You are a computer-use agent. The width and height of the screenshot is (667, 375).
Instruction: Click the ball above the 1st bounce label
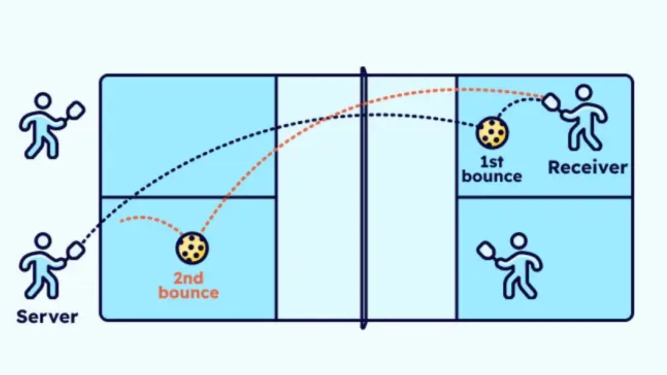(x=492, y=133)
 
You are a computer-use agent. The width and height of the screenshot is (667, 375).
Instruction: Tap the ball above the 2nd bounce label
(x=192, y=248)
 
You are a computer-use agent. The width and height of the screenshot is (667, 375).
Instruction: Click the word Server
(x=47, y=317)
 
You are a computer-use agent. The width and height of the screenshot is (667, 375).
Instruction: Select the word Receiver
(x=587, y=167)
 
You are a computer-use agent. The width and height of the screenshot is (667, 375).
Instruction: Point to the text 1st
(x=491, y=161)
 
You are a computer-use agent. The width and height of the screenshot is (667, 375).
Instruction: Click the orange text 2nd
(x=188, y=278)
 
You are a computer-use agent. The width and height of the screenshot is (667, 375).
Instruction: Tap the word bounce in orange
(x=188, y=293)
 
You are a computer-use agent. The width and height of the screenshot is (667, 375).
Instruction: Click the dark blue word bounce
(x=491, y=177)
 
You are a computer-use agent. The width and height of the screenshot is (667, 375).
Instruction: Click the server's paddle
(x=75, y=250)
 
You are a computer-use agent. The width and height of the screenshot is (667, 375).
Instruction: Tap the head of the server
(x=43, y=241)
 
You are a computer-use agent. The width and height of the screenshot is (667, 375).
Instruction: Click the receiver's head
(x=584, y=92)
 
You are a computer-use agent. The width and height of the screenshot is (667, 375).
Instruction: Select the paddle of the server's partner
(x=75, y=110)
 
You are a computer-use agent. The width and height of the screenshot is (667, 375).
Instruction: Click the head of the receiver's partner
(x=519, y=241)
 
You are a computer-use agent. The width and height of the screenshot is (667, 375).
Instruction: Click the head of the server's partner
(x=43, y=101)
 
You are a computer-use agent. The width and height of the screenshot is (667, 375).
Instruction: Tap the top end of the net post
(x=363, y=70)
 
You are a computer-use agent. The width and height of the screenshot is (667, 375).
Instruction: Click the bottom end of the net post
(x=364, y=326)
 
